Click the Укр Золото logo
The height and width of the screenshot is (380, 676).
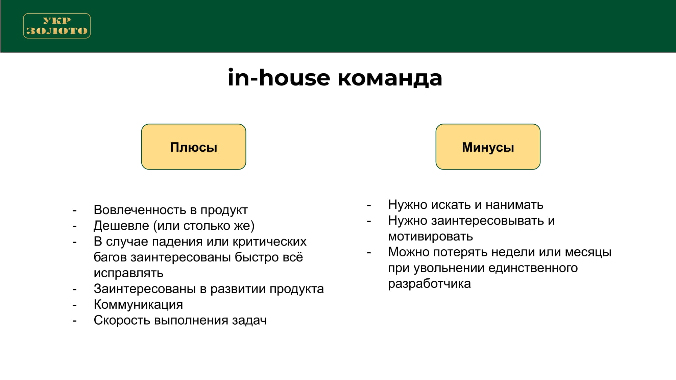pos(57,26)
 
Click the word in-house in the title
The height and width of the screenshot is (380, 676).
pos(279,78)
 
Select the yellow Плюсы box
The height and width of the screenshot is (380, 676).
pos(194,147)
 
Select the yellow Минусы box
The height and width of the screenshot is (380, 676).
pos(488,147)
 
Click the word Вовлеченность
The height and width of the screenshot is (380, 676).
pos(140,210)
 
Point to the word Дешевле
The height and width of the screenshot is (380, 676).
pos(121,226)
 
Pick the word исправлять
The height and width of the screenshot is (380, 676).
pos(128,273)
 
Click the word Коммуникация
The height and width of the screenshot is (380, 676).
pos(138,305)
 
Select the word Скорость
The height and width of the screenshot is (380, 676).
pos(122,320)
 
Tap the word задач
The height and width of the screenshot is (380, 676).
pos(249,320)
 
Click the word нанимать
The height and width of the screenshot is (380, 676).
pos(514,205)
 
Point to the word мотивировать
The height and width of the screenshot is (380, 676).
pos(430,236)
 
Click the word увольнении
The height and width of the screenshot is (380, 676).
pos(449,268)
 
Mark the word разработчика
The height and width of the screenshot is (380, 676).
pos(429,284)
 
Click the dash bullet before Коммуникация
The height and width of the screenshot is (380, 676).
pos(74,305)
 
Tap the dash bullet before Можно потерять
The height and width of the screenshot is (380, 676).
pos(369,252)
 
